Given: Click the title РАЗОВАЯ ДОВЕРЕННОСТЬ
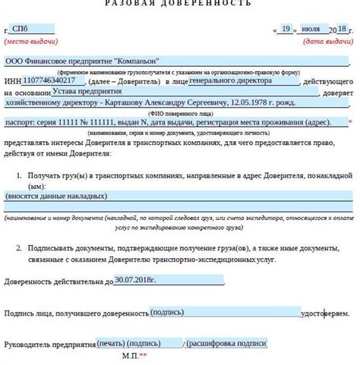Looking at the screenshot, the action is (x=179, y=4).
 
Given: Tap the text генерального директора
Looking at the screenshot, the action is (x=226, y=79).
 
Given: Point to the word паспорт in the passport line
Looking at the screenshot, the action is (x=19, y=122).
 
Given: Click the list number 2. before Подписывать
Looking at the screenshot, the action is (x=18, y=248).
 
